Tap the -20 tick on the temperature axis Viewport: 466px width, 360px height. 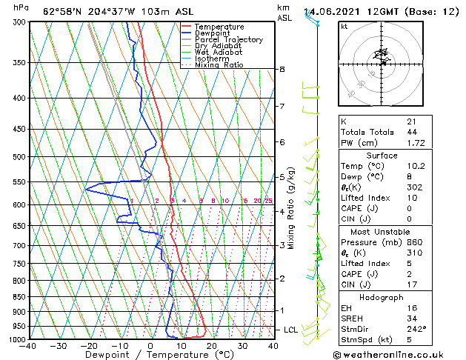tap(89, 346)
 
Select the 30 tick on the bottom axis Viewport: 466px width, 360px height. tap(242, 346)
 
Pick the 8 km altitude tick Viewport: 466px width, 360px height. tap(282, 69)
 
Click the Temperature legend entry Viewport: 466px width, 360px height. tap(219, 27)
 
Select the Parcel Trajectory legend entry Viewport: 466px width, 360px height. tap(228, 40)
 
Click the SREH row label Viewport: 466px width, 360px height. tap(353, 319)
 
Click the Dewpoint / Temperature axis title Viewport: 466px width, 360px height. tap(150, 355)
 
